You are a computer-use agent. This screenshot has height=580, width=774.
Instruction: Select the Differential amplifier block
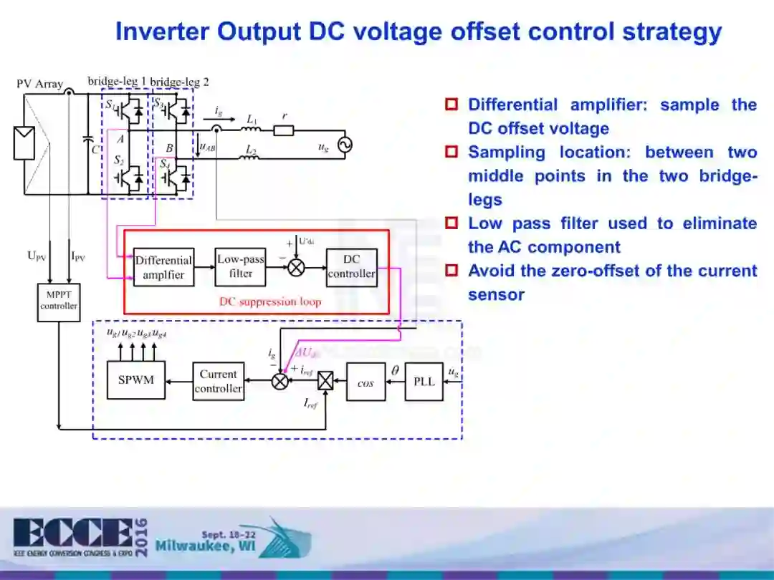[163, 267]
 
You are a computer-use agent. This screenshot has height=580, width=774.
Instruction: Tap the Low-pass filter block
[241, 266]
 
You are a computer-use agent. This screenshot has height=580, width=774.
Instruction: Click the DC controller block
[351, 266]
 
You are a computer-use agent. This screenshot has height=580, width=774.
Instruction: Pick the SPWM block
[136, 380]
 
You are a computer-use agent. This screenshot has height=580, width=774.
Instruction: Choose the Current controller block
[219, 381]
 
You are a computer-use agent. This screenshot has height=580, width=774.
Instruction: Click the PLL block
[424, 381]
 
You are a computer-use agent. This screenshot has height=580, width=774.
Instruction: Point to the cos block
[365, 382]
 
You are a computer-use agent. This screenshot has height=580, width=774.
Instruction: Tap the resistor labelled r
[284, 130]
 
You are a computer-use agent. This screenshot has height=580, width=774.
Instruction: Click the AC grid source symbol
[344, 145]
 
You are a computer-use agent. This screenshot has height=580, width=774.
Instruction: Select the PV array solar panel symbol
[24, 142]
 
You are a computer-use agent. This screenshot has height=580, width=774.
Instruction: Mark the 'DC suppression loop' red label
[270, 301]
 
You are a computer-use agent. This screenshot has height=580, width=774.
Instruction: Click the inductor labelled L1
[250, 130]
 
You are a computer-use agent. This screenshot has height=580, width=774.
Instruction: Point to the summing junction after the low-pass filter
[295, 267]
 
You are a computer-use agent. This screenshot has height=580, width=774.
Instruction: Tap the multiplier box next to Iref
[325, 381]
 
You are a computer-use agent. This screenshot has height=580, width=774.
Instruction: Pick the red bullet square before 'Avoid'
[451, 271]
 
